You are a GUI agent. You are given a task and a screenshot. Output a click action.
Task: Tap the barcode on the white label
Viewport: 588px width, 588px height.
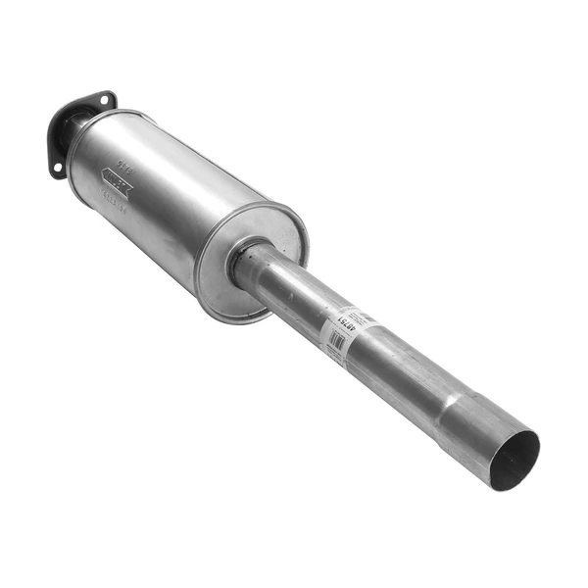click(x=337, y=340)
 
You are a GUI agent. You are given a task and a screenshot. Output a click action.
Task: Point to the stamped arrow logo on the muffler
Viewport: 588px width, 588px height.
click(x=116, y=182)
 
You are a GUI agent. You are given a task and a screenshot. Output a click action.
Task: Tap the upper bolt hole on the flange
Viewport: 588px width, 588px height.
click(x=103, y=99)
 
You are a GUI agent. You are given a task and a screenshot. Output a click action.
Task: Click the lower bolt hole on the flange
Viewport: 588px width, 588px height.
click(x=57, y=169)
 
